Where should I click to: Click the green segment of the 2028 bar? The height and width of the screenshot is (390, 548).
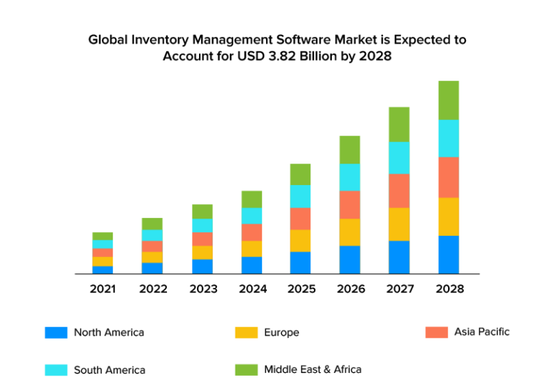coord(449,100)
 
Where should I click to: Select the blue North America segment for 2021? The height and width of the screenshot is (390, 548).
coord(102,269)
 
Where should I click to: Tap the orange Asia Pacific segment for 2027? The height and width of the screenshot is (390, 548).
coord(399,191)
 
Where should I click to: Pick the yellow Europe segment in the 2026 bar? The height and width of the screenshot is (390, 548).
coord(350,232)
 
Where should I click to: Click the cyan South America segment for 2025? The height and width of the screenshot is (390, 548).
coord(300,196)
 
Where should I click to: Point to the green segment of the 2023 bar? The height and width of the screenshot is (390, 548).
coord(202,211)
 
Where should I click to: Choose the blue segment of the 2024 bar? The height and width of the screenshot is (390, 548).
coord(251,265)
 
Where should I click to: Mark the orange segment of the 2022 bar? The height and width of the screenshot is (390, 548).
coord(152,246)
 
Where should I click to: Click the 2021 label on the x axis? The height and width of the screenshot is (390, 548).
coord(103,289)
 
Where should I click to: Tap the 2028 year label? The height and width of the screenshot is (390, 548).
coord(449,289)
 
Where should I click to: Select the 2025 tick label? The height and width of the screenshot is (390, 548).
coord(300,289)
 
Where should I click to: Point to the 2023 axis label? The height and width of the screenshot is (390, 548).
coord(202,289)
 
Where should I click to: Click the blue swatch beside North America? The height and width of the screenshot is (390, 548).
coord(56,333)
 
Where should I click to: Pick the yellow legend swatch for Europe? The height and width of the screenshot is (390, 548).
coord(246,333)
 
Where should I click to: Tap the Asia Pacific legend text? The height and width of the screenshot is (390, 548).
coord(482,332)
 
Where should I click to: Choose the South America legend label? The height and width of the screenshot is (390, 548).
coord(109,370)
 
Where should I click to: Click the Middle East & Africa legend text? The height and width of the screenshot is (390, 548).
coord(313,369)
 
